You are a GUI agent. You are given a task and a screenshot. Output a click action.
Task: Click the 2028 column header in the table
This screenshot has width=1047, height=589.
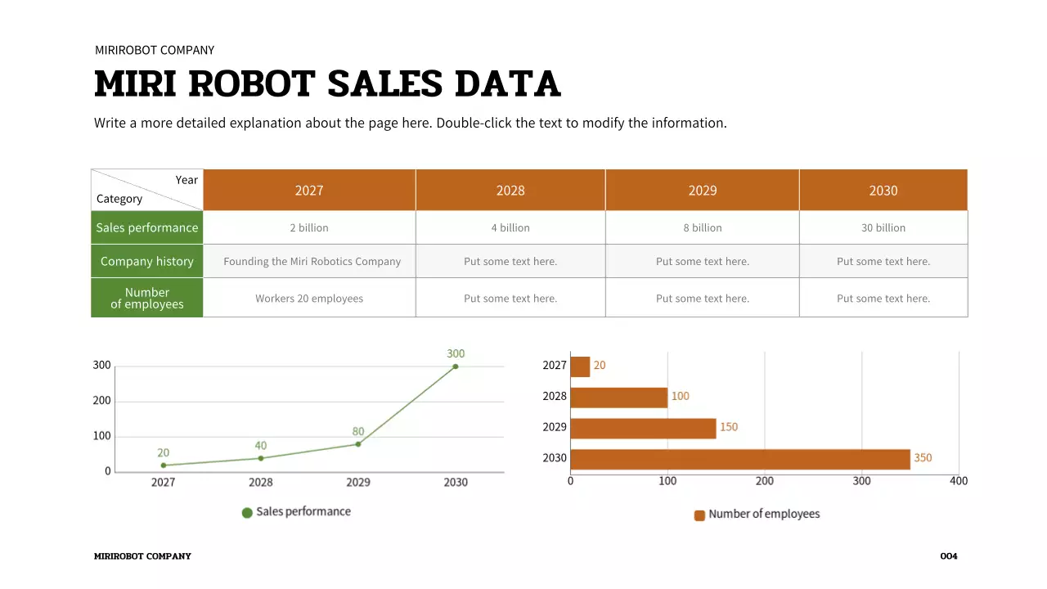(510, 191)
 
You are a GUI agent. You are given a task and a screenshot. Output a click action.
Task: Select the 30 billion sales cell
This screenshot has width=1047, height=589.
(883, 228)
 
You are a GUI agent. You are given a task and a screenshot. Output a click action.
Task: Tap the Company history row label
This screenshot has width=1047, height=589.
(147, 261)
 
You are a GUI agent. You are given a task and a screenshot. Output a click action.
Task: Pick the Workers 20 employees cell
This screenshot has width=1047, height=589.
(309, 299)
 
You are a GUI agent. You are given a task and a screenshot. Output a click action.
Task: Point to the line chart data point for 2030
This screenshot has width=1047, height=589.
(456, 366)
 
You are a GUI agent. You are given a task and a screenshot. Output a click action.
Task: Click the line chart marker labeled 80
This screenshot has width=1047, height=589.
(358, 444)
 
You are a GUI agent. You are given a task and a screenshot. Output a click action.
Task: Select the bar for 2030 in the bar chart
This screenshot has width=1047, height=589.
(739, 459)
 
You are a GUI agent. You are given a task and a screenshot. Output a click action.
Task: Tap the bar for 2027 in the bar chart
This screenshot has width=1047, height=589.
(580, 366)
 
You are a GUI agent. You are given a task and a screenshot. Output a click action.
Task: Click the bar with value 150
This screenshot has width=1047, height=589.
(643, 428)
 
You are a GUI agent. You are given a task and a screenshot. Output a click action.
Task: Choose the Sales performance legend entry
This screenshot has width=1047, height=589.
(296, 512)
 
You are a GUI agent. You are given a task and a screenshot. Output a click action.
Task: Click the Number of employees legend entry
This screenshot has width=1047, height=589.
(757, 515)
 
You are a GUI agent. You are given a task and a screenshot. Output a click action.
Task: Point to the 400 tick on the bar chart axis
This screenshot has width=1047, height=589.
(959, 481)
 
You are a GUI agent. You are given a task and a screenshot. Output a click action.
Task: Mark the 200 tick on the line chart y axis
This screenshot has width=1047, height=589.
(101, 401)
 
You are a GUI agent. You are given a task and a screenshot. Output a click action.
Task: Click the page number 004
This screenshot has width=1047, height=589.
(949, 556)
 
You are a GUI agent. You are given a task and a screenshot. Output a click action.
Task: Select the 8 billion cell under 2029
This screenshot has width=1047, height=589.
(703, 228)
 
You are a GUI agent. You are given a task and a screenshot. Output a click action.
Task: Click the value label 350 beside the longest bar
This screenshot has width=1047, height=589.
(923, 458)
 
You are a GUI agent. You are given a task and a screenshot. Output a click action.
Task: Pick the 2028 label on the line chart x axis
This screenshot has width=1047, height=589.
(261, 483)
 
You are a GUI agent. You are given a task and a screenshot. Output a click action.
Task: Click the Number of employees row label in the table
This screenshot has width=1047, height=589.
(147, 298)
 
